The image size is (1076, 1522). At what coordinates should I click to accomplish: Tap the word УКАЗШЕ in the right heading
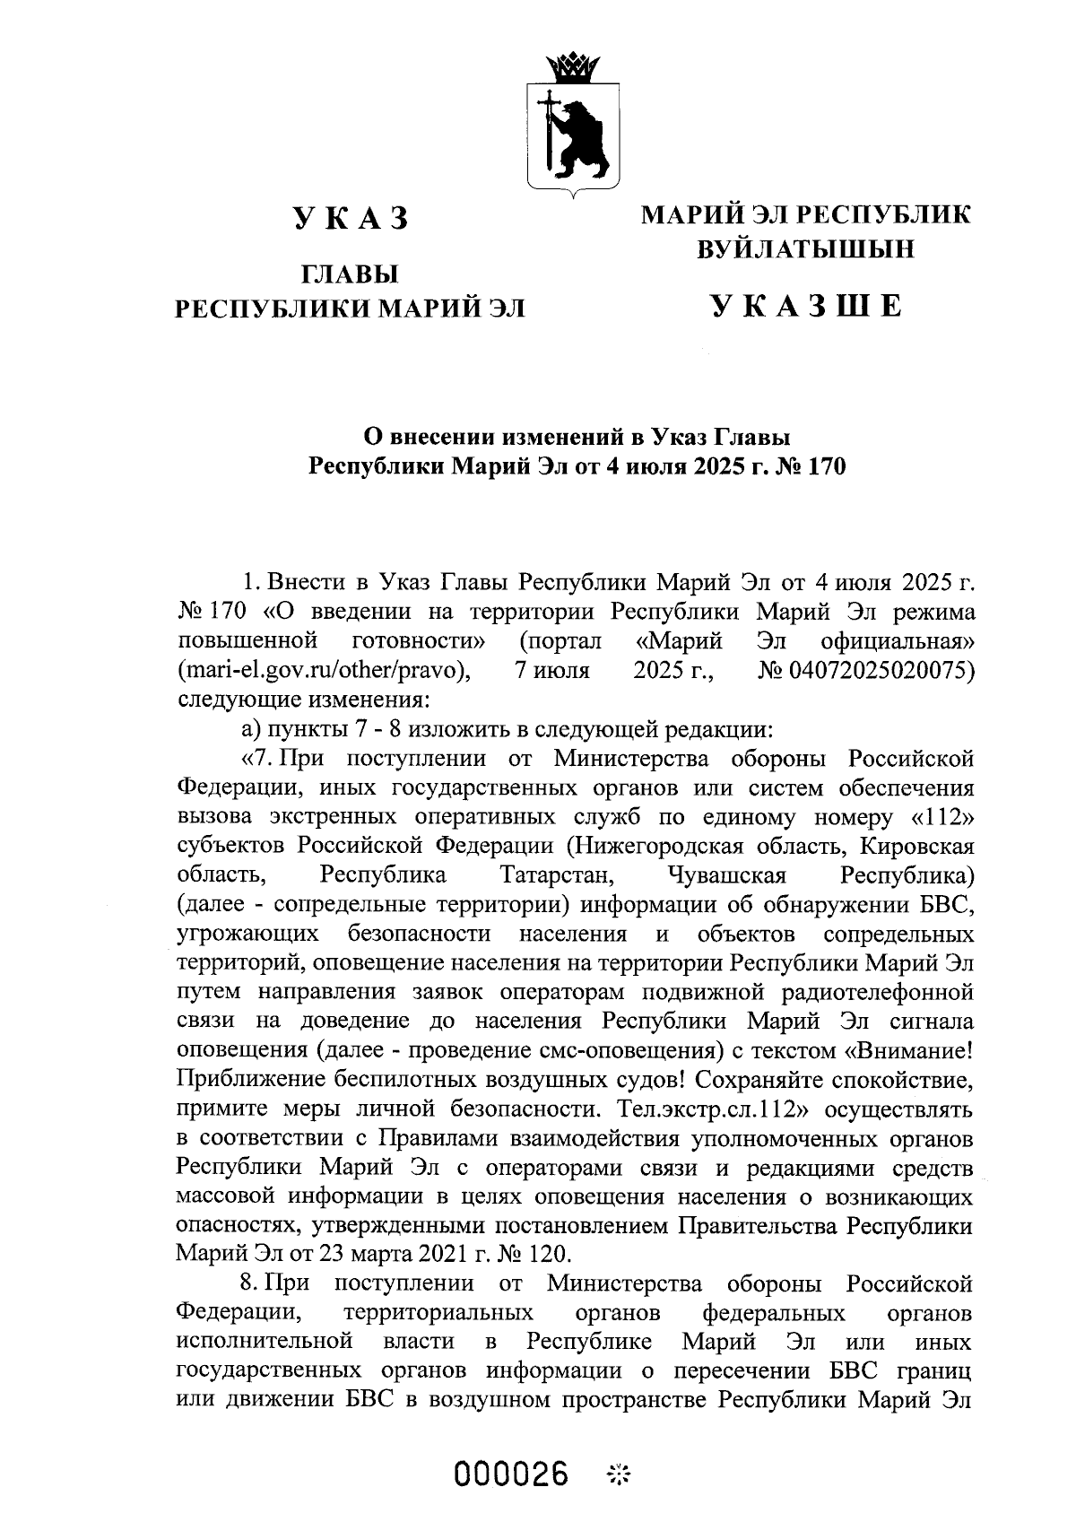pyautogui.click(x=806, y=307)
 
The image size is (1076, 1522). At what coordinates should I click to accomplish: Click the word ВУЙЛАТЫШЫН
pyautogui.click(x=806, y=248)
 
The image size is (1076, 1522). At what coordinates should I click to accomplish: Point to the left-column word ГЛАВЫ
pyautogui.click(x=350, y=274)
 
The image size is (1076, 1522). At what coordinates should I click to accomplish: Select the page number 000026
pyautogui.click(x=512, y=1474)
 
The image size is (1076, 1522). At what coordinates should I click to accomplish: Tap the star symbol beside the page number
pyautogui.click(x=619, y=1475)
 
